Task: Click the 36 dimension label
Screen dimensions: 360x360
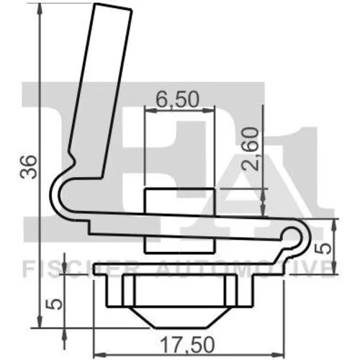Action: [x=29, y=167]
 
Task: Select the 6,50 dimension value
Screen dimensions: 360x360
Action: [x=178, y=99]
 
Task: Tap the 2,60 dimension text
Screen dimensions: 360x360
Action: [x=251, y=149]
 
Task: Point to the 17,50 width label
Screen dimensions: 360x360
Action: [x=187, y=345]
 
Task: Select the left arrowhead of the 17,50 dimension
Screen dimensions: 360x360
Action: [x=99, y=354]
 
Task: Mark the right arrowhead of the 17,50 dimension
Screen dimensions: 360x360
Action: [x=278, y=354]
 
